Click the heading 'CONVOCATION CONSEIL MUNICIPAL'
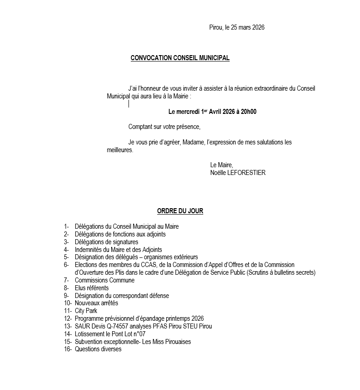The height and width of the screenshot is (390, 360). click(x=180, y=58)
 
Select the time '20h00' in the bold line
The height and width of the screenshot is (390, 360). click(x=248, y=112)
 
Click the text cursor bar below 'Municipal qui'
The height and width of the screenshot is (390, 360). click(x=129, y=104)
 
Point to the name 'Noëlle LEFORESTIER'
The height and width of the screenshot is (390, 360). click(x=237, y=173)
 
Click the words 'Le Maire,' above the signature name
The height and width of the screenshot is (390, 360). click(x=221, y=165)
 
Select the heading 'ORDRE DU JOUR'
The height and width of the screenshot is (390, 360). click(x=180, y=211)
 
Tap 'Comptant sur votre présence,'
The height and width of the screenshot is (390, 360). click(x=164, y=126)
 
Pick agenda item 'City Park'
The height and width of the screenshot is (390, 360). click(x=86, y=311)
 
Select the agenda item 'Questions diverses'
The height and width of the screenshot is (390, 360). click(x=98, y=349)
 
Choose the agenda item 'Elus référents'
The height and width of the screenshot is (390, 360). click(x=92, y=288)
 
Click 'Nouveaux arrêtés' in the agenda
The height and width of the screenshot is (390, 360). click(x=96, y=303)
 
